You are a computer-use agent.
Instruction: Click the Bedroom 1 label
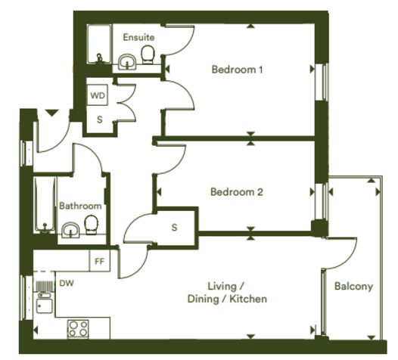tap(237, 70)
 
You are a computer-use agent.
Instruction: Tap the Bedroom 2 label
tap(237, 192)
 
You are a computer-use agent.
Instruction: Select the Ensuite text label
tap(138, 37)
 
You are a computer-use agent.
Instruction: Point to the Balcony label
tap(353, 287)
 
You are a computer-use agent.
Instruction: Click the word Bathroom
tap(80, 206)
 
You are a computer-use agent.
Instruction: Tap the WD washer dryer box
tap(98, 95)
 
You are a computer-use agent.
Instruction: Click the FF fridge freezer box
tap(100, 261)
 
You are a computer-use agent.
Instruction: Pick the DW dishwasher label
tap(67, 283)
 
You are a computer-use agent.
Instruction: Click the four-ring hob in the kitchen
tap(78, 329)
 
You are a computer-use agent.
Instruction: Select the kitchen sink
tap(45, 303)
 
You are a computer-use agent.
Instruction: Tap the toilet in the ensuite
tap(148, 54)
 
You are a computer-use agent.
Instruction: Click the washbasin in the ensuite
tap(127, 62)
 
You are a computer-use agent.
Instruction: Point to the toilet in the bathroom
tap(91, 225)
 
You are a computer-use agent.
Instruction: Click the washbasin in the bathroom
tap(71, 231)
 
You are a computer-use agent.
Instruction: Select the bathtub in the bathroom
tap(45, 205)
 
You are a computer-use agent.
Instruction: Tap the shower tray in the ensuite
tap(99, 44)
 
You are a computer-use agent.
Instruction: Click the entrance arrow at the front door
tap(52, 113)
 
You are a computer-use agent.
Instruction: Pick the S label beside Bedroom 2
tap(174, 228)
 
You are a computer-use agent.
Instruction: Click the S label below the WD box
tap(100, 119)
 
